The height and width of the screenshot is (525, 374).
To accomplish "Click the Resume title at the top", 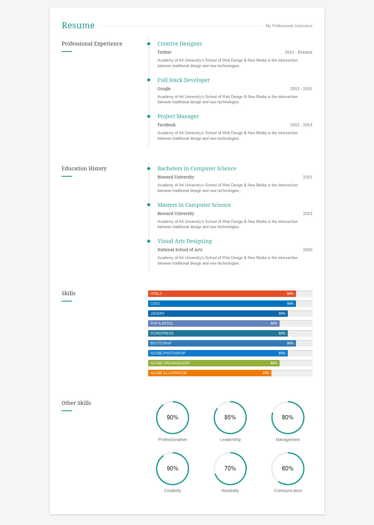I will [78, 25].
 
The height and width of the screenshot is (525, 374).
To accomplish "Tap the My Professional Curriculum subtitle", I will [289, 26].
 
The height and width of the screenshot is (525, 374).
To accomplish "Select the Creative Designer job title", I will [180, 44].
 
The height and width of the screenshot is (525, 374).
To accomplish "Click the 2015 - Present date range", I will [298, 52].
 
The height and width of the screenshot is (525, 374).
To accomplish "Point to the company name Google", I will [164, 89].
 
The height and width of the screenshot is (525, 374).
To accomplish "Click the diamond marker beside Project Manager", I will [149, 116].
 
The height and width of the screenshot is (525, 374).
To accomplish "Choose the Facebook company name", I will [167, 125].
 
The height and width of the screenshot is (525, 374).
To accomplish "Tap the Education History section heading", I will [84, 169].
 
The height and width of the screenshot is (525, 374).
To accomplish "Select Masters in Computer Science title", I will [194, 205].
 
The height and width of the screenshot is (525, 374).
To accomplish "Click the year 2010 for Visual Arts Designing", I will [307, 250].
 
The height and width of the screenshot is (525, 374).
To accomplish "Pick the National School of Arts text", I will [180, 250].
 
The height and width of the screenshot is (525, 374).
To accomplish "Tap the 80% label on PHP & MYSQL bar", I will [274, 323].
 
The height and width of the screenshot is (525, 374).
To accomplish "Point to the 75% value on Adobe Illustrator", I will [266, 373].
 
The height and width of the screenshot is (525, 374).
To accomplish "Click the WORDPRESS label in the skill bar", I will [162, 333].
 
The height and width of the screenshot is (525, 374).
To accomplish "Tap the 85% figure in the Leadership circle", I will [230, 417].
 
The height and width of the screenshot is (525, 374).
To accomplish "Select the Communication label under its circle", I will [288, 491].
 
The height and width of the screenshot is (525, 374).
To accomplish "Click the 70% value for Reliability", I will [230, 468].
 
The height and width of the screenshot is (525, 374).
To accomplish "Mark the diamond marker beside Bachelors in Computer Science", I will [149, 169].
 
